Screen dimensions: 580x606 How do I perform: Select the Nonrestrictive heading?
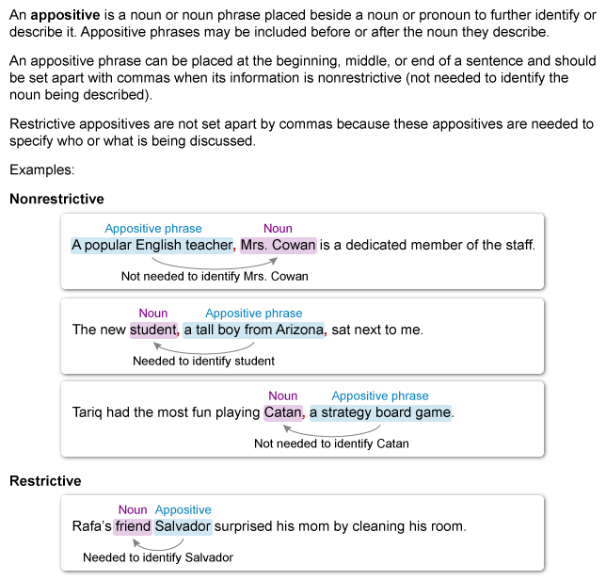pos(56,199)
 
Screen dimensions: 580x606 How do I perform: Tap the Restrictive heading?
pos(45,480)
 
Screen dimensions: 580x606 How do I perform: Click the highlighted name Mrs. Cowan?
pos(279,246)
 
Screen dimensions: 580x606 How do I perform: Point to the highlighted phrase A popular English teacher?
pos(151,246)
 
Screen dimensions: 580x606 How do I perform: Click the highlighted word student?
pos(152,330)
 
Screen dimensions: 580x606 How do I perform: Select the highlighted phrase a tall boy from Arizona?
pos(254,330)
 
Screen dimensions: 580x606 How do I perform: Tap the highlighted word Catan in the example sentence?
pos(282,412)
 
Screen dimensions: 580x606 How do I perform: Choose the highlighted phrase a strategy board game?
pos(381,412)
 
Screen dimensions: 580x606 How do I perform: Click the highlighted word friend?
pos(133,526)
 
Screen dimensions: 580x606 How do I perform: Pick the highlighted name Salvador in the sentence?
pos(183,526)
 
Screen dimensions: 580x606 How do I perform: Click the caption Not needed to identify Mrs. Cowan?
pos(215,277)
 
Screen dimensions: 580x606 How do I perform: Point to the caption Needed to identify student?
pos(203,361)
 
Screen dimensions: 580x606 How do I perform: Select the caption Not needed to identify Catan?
pos(331,443)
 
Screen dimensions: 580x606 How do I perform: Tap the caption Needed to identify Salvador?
pos(158,557)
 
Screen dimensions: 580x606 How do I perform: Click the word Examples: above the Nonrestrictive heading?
pos(41,170)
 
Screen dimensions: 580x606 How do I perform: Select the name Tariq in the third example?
pos(88,412)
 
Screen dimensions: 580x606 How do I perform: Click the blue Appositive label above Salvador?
pos(183,509)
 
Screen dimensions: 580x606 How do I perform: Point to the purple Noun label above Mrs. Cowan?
pos(278,229)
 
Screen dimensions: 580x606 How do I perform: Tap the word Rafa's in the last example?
pos(90,526)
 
